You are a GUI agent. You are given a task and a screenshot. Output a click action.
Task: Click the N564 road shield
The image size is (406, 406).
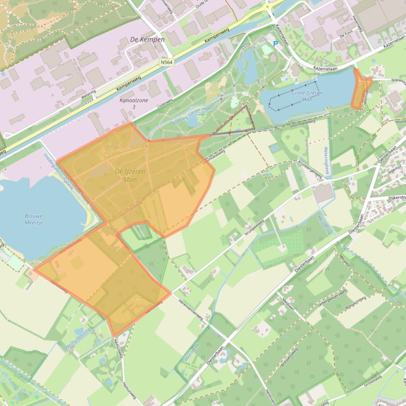point(167,62)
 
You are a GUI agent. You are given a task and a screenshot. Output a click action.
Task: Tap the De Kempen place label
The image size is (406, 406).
point(148,40)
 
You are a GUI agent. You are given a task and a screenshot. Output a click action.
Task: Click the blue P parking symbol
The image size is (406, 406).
point(275,44)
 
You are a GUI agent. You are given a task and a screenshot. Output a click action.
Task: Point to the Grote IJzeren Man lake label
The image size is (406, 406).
point(307,95)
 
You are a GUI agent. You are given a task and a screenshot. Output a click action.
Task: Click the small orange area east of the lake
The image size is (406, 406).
point(361,90)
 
